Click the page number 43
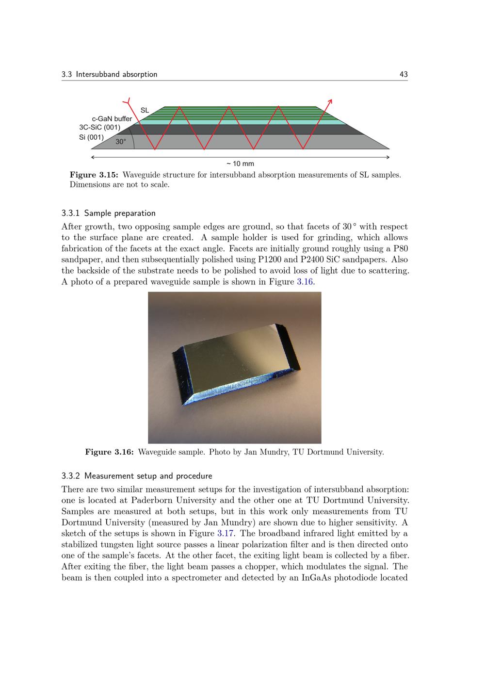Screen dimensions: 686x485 (403, 74)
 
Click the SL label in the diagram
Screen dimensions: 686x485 (145, 110)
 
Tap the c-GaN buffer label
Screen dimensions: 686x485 (112, 119)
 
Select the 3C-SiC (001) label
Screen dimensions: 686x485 (99, 128)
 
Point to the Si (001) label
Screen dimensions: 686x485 (91, 137)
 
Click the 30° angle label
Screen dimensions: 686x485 (121, 142)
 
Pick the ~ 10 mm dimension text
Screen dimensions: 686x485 (240, 163)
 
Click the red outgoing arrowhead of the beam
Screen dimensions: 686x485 (330, 102)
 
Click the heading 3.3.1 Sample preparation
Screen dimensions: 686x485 (109, 213)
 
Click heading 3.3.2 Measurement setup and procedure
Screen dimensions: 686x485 (137, 475)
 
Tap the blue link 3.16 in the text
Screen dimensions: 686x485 (305, 282)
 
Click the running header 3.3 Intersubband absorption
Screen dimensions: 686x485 (110, 74)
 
